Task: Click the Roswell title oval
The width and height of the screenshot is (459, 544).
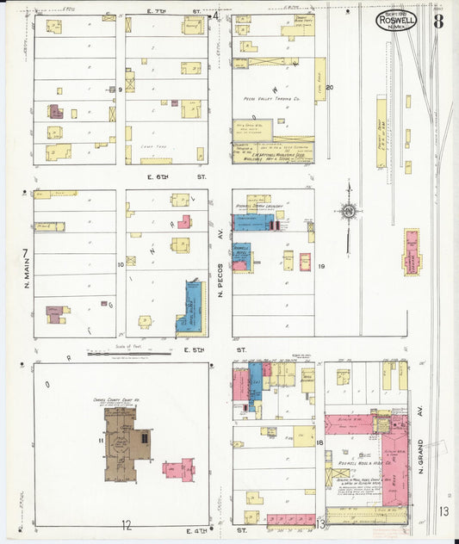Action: (x=396, y=20)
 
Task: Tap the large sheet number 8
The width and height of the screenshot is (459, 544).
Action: (x=438, y=21)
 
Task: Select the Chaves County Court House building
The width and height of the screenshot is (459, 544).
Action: (x=126, y=444)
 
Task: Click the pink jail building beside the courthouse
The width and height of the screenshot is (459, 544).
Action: (x=179, y=469)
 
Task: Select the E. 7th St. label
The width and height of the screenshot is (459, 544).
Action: (x=173, y=11)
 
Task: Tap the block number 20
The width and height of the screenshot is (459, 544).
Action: (x=328, y=88)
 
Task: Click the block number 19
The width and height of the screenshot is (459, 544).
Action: (x=320, y=268)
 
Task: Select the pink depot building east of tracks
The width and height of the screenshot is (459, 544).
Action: (x=412, y=252)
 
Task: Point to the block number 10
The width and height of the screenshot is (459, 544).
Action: (x=121, y=265)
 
